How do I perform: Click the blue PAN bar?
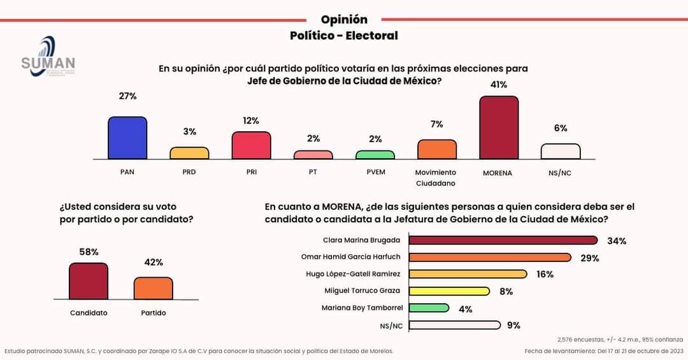[127, 138]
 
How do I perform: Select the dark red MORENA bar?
[499, 127]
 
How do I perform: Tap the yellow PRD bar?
[189, 153]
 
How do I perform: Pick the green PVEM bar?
[375, 155]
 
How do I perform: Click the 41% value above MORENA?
[498, 85]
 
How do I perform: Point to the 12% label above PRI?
[250, 120]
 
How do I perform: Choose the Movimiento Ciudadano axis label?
[436, 178]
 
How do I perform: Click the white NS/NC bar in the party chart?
[561, 151]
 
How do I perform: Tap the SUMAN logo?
[48, 57]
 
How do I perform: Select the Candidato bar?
[89, 281]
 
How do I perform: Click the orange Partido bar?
[153, 288]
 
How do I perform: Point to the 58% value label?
[89, 252]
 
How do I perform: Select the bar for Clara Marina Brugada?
[503, 240]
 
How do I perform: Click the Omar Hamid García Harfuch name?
[350, 257]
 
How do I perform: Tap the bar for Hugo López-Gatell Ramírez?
[468, 274]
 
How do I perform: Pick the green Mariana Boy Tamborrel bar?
[429, 308]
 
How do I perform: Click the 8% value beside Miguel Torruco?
[506, 291]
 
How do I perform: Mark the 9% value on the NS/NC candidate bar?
[513, 325]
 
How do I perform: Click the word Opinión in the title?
[344, 20]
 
